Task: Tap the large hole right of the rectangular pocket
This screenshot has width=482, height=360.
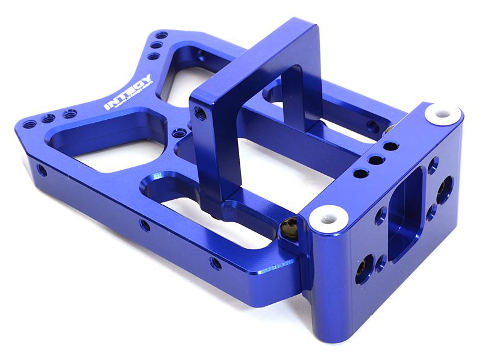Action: tap(447, 185)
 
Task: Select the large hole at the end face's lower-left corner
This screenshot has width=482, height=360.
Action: tap(363, 265)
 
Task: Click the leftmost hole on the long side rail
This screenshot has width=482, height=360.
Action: tap(42, 170)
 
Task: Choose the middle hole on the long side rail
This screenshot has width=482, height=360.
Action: tap(145, 225)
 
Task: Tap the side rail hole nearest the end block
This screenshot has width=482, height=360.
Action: tap(215, 263)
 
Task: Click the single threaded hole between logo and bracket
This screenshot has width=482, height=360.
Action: tap(177, 132)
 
